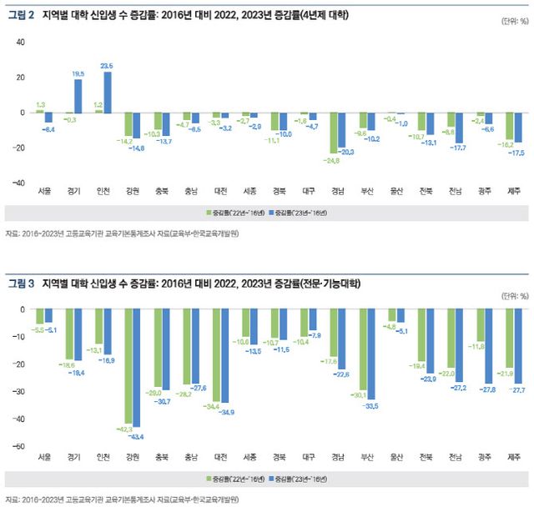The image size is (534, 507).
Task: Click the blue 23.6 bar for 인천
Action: (x=108, y=92)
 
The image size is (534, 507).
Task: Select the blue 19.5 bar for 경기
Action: (x=78, y=95)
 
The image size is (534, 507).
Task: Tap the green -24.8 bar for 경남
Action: (x=335, y=133)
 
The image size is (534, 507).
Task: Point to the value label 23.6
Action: (x=107, y=65)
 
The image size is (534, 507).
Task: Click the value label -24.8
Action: (x=333, y=160)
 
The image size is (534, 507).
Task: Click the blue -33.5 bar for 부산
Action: (x=371, y=354)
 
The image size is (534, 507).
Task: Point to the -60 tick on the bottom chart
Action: (x=19, y=446)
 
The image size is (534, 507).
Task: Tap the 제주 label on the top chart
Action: (x=515, y=191)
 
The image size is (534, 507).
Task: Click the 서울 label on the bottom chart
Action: (x=44, y=458)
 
